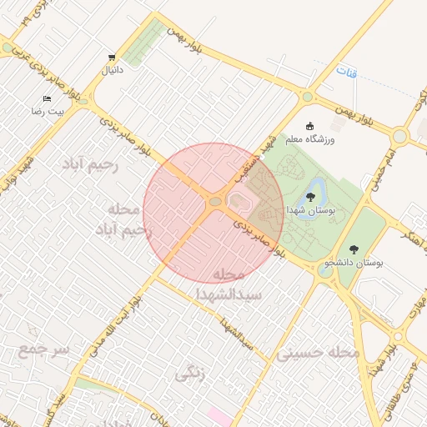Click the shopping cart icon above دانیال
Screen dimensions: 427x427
click(112, 58)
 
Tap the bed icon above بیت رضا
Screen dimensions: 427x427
click(46, 98)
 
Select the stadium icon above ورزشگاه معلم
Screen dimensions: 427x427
click(310, 126)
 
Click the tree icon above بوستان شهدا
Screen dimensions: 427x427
click(310, 198)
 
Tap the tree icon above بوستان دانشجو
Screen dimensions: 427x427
click(354, 249)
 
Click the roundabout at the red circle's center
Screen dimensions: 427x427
click(215, 202)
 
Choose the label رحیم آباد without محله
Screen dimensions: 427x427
click(90, 166)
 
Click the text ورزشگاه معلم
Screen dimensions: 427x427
click(310, 139)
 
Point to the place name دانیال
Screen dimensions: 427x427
click(112, 71)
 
